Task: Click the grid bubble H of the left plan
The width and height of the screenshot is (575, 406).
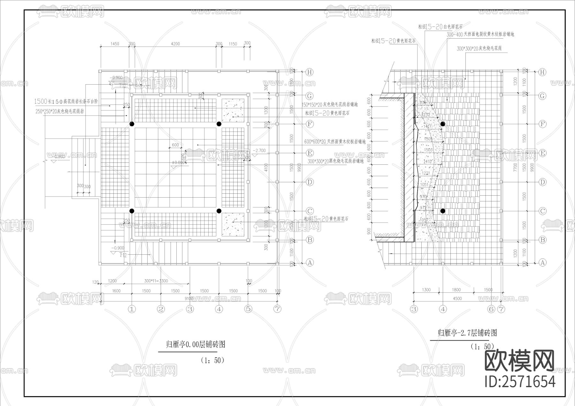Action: pos(309,72)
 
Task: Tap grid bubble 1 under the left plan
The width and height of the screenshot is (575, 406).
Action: pos(132,309)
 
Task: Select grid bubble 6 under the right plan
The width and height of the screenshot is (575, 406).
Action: pos(491,309)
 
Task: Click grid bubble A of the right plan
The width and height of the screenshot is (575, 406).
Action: pos(542,263)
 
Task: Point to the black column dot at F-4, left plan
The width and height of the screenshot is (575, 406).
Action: pos(219,124)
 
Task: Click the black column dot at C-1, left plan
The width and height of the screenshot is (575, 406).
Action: pos(132,211)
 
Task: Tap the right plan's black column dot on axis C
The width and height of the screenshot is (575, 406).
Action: pos(443,211)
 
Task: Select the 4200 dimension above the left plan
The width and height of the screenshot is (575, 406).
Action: pos(175,44)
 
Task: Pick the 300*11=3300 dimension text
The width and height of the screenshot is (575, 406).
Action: pos(156,281)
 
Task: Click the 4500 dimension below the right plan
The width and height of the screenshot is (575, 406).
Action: pos(457,298)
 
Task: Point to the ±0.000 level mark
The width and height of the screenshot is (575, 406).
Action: pos(178,162)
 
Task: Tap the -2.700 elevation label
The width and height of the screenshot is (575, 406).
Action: pos(259,151)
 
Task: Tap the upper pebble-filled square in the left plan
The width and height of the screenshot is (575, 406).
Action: pos(233,110)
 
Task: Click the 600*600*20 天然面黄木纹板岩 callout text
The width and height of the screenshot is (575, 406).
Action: pos(334,142)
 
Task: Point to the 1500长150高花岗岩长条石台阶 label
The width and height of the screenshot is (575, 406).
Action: pos(66,101)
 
